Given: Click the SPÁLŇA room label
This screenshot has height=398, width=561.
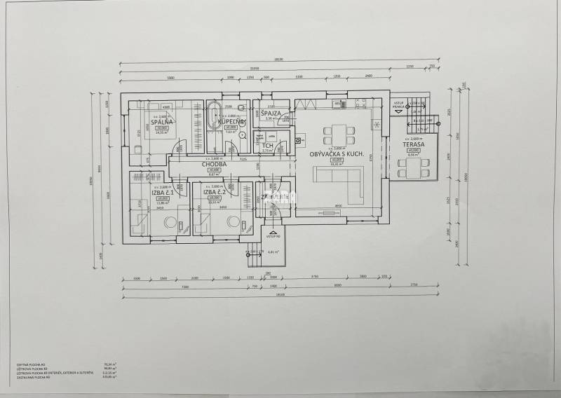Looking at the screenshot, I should (x=162, y=122).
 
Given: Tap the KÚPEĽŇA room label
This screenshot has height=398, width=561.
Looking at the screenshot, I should (x=231, y=122).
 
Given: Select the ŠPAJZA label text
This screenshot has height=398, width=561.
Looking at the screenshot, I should (x=271, y=113).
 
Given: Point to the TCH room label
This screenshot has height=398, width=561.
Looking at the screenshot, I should (x=268, y=145).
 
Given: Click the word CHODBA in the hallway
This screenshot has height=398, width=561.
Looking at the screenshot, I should (x=215, y=165).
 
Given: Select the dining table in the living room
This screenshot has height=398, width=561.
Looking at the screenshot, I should (x=338, y=132).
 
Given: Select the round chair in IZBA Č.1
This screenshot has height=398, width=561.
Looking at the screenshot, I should (x=170, y=222).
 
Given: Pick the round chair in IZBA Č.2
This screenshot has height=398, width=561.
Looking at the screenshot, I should (x=231, y=222).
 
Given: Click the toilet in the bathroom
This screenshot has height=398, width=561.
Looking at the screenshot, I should (x=241, y=107).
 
